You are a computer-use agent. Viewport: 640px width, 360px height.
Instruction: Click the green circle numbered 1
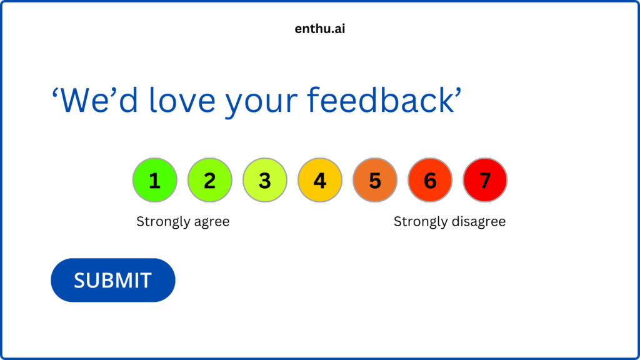[154, 180]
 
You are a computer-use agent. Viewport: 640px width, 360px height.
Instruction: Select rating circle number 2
[209, 180]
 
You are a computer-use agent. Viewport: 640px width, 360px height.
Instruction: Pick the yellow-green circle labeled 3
[264, 180]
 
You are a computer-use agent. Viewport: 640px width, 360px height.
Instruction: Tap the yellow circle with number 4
[319, 180]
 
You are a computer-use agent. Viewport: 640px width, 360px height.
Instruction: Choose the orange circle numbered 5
[374, 180]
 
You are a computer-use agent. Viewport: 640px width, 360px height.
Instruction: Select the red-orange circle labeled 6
[429, 180]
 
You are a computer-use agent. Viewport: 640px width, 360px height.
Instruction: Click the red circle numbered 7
[485, 180]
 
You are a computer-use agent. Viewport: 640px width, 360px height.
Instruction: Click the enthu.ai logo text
[319, 28]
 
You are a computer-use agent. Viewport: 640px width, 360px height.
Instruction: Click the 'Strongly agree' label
[182, 222]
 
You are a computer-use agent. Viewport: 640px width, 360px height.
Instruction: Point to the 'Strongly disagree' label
[449, 222]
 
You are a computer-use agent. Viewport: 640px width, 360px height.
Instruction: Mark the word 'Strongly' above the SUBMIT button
[159, 222]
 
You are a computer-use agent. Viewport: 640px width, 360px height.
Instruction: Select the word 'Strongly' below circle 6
[416, 222]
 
